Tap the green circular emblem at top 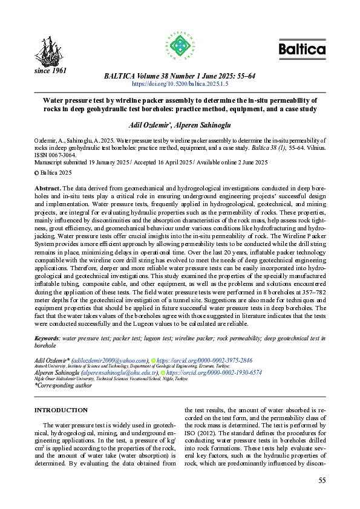click(180, 45)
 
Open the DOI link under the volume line click(180, 85)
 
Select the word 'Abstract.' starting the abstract click(48, 189)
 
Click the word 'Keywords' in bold click(47, 339)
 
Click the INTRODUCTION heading click(61, 410)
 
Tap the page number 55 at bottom click(322, 480)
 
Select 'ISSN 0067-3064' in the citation click(57, 155)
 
